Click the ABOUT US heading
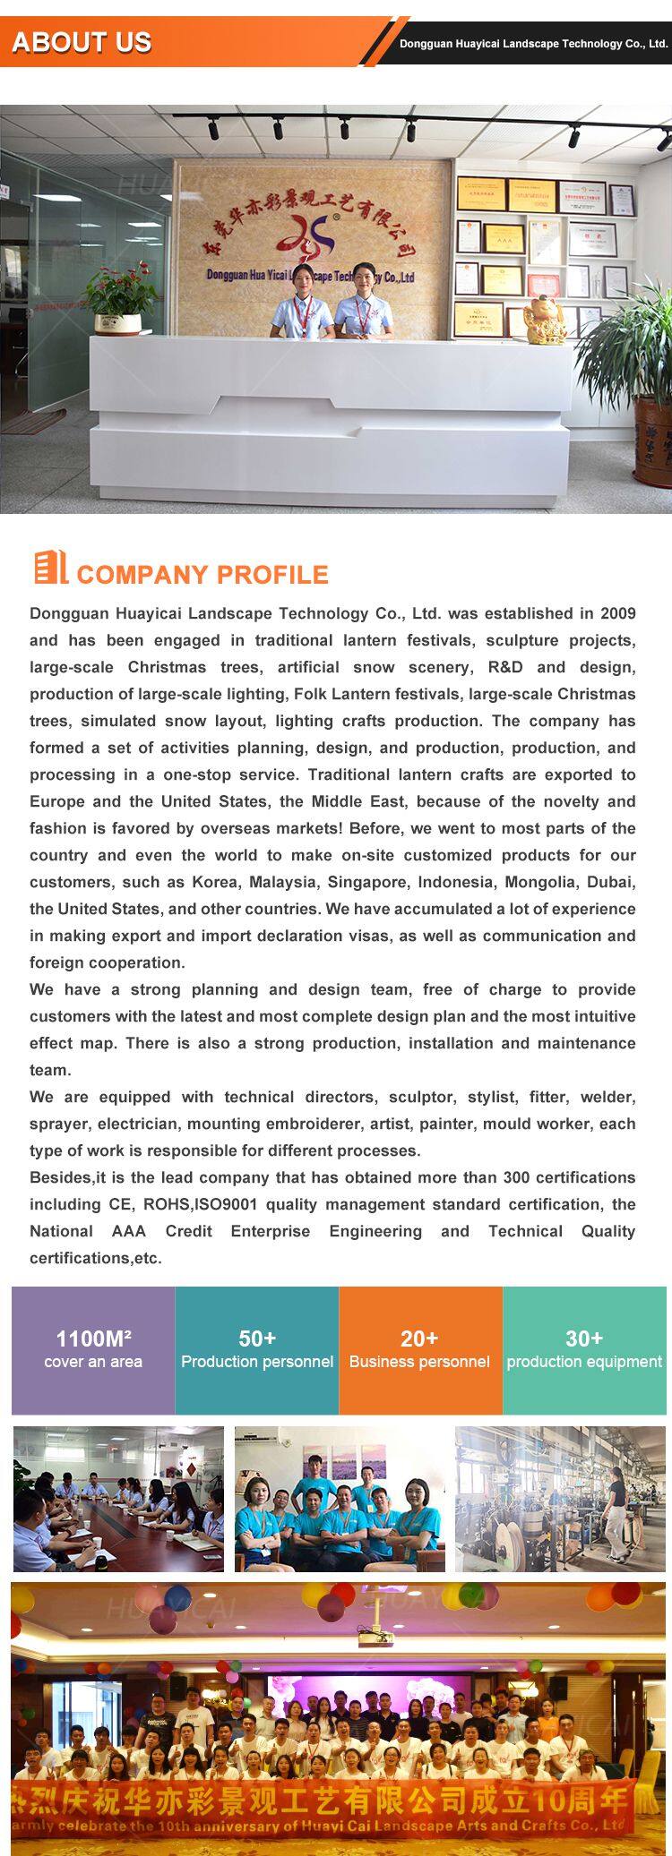[x=82, y=42]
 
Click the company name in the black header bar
[x=533, y=44]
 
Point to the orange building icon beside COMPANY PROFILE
[x=50, y=568]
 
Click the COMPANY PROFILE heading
[x=202, y=574]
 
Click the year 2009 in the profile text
[x=617, y=613]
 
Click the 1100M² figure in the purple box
[x=93, y=1339]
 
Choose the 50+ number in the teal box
[x=257, y=1339]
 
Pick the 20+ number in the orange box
[x=419, y=1339]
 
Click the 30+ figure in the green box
[x=584, y=1339]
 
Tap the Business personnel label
[x=419, y=1362]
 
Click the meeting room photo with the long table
[x=118, y=1498]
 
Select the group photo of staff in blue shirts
[x=340, y=1498]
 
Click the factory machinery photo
[x=560, y=1498]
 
